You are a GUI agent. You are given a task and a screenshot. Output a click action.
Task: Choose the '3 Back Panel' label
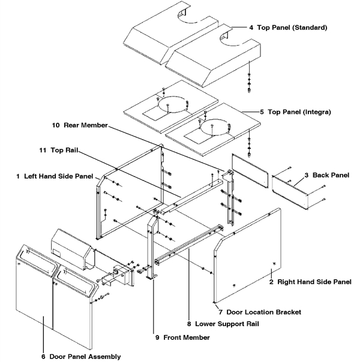(326, 175)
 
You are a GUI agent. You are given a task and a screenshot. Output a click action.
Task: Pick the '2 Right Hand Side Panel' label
(309, 281)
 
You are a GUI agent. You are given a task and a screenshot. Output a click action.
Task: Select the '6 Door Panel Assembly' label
(80, 356)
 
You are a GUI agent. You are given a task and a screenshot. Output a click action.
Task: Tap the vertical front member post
(151, 246)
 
